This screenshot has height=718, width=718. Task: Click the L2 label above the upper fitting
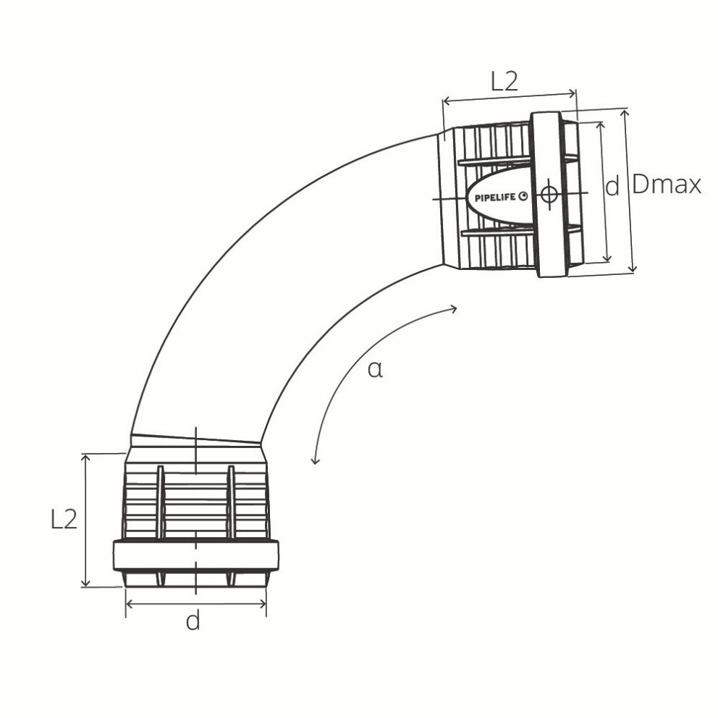(x=504, y=81)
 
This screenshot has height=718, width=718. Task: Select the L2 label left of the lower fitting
(x=64, y=519)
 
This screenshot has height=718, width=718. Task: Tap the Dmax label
(x=667, y=185)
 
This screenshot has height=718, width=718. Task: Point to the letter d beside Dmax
(x=612, y=187)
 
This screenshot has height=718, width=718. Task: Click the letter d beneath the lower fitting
(x=193, y=621)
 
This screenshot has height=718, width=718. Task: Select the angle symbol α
(x=374, y=370)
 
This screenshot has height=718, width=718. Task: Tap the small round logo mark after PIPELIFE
(x=524, y=195)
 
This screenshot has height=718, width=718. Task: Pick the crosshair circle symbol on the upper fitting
(x=549, y=195)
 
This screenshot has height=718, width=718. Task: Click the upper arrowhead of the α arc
(x=454, y=309)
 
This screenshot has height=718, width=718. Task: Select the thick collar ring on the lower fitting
(x=196, y=555)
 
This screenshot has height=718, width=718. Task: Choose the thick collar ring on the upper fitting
(x=548, y=194)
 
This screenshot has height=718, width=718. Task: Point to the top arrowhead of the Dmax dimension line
(x=626, y=113)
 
